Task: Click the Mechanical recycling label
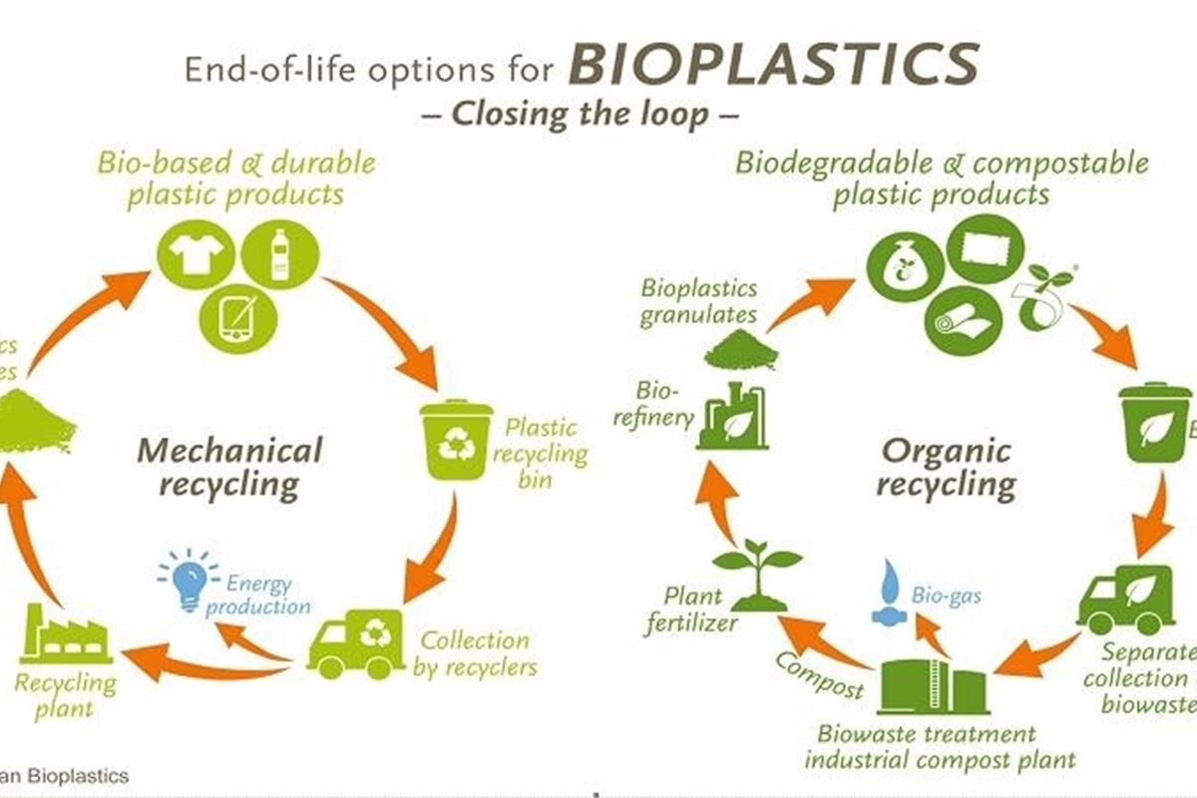(x=230, y=467)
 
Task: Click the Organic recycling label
(x=946, y=468)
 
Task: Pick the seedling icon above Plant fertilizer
(x=757, y=576)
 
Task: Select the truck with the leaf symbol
(x=1125, y=598)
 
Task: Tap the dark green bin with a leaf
(x=1153, y=423)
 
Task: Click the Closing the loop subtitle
(x=596, y=113)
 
